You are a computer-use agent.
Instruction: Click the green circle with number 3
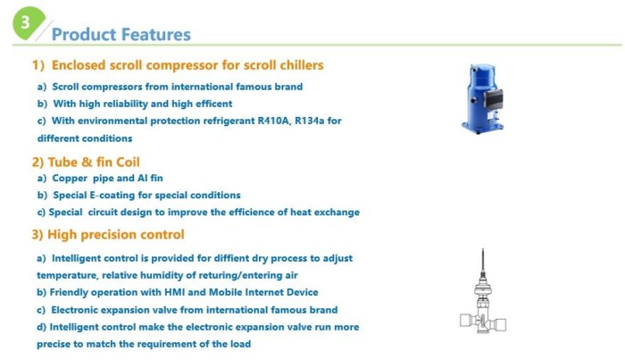click(28, 23)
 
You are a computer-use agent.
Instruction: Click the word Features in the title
click(156, 34)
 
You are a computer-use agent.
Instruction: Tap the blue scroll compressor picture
click(482, 98)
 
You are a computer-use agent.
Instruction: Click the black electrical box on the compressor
click(494, 98)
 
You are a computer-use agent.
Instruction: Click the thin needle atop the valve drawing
click(483, 260)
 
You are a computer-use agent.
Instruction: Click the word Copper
click(70, 178)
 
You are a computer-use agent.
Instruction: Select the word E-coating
click(110, 196)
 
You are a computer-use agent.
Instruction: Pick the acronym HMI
click(174, 292)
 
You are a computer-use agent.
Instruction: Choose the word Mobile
click(225, 292)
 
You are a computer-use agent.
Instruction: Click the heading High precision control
click(115, 235)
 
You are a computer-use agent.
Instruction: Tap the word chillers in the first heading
click(302, 65)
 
